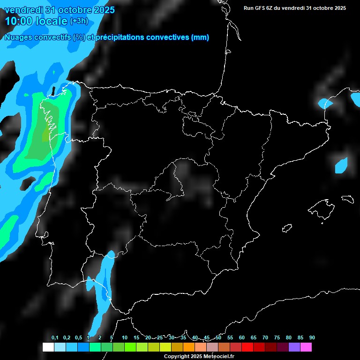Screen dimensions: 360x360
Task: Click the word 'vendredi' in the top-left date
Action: (23, 10)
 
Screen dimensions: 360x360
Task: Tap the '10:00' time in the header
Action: (19, 21)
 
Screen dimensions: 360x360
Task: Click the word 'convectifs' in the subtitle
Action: (54, 37)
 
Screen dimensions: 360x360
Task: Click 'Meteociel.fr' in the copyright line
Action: (217, 357)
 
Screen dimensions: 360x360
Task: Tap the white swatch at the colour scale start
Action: (48, 347)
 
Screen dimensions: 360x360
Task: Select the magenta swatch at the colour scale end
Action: (306, 347)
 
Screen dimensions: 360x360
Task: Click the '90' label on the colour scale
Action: (312, 338)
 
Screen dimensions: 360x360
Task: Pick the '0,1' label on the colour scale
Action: (55, 338)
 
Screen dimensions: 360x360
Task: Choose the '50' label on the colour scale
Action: (218, 338)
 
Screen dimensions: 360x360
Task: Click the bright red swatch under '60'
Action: (247, 347)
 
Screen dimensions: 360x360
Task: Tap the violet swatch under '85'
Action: (294, 347)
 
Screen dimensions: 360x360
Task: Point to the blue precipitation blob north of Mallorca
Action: (341, 165)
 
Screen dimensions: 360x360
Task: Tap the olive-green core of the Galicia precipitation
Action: (46, 135)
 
